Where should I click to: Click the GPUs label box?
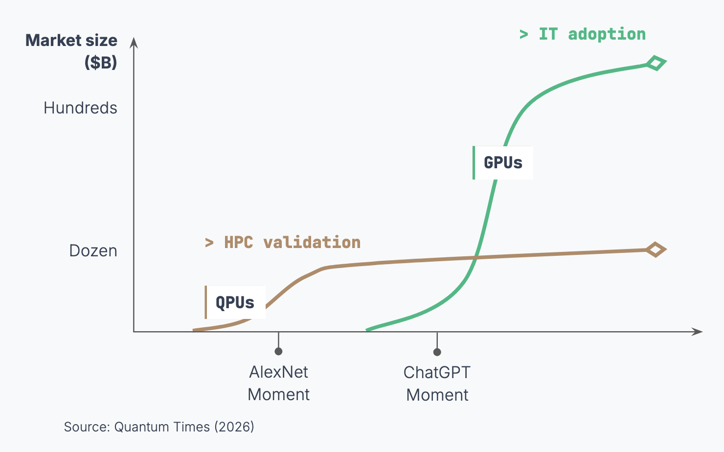503,162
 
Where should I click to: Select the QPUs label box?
235,302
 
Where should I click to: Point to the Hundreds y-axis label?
81,108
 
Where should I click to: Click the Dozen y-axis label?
93,251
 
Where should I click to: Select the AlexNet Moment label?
279,384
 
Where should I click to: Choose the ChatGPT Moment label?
437,384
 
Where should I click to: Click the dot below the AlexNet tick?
279,351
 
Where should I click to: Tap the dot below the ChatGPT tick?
437,352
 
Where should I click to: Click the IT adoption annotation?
583,35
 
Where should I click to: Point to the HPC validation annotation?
283,243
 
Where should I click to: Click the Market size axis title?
71,41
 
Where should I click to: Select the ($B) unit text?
101,63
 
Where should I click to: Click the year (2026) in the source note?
234,427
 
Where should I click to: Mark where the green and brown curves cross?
475,258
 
